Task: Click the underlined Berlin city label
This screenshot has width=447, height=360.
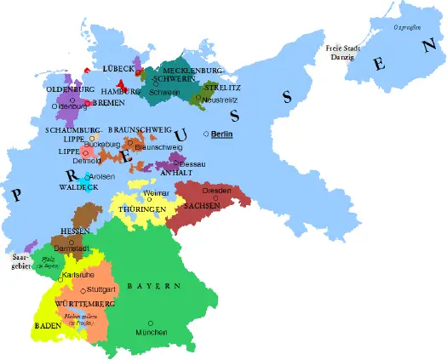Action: click(x=222, y=134)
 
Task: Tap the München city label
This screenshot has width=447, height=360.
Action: click(x=150, y=333)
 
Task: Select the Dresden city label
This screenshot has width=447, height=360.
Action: click(x=217, y=190)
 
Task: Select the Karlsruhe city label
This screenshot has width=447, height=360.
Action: click(x=78, y=276)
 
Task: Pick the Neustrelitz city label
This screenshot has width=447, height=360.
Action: click(x=217, y=100)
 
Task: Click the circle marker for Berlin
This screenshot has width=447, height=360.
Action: click(x=206, y=134)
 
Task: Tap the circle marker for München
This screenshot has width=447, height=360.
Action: click(x=150, y=323)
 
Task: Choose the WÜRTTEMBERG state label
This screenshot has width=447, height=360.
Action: click(x=84, y=304)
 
